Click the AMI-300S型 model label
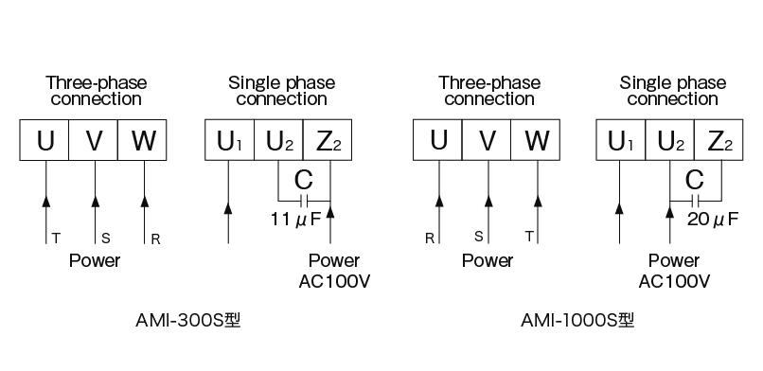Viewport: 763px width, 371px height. click(x=188, y=320)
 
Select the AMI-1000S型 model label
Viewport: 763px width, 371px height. click(x=577, y=320)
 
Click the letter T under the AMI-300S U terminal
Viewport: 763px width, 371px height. click(x=55, y=239)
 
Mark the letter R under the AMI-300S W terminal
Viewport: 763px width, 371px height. click(x=155, y=239)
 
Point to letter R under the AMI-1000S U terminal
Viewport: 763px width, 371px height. click(x=429, y=239)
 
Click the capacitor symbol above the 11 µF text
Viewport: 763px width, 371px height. click(x=304, y=201)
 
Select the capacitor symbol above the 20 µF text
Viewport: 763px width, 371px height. click(x=696, y=201)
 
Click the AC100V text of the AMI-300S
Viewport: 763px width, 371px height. click(x=334, y=281)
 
